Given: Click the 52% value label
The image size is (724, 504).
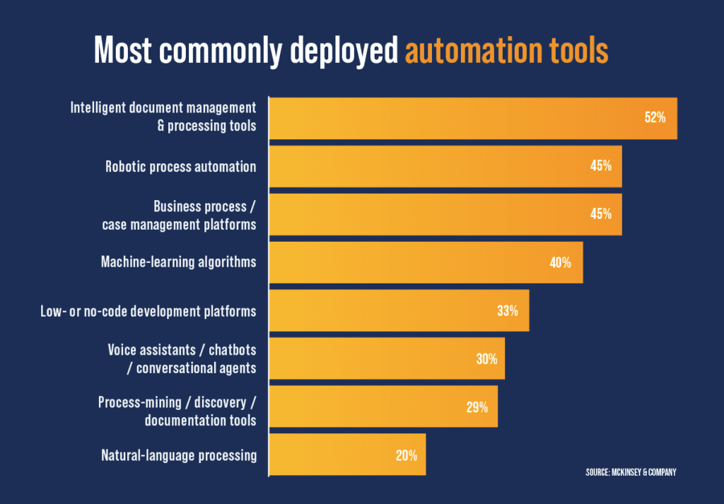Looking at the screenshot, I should coord(655,118).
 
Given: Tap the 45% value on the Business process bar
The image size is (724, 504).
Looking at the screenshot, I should coord(600,214).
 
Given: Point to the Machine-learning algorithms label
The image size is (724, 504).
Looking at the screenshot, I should coord(178,262).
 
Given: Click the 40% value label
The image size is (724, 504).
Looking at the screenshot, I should coord(560,262).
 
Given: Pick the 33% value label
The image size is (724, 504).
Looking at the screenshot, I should coord(507,310).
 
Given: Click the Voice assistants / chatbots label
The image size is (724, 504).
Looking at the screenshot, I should coord(182,358).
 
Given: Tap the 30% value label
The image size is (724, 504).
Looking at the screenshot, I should coord(486,358).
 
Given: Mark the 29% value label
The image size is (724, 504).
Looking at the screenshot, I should coord(477,406).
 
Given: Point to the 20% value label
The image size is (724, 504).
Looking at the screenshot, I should coord(406,455).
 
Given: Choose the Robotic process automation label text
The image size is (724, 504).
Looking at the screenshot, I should coord(180,167).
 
